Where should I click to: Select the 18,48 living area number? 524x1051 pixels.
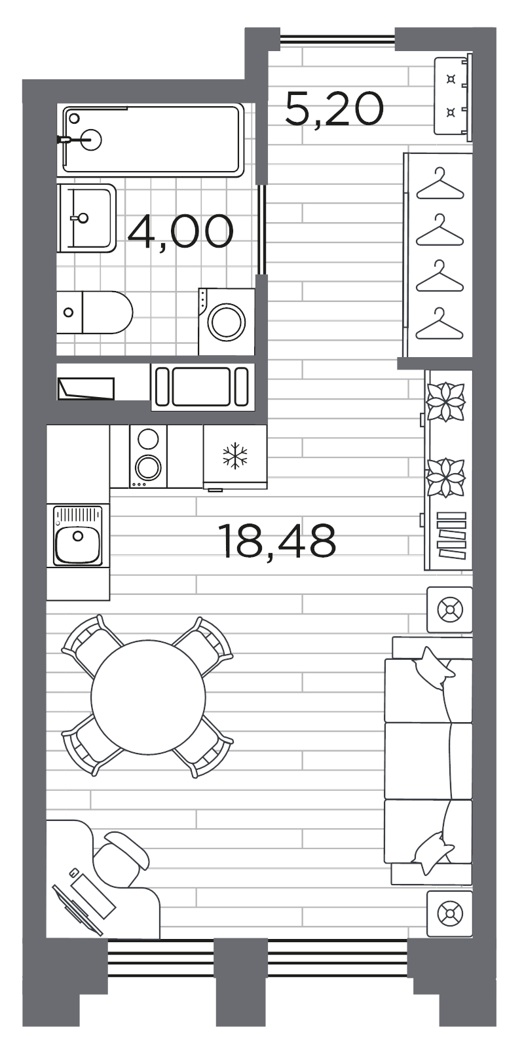pos(277,541)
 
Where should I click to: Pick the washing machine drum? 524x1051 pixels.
pos(227,322)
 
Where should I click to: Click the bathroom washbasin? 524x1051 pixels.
pos(86,218)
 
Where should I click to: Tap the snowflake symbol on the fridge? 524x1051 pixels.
pos(235,455)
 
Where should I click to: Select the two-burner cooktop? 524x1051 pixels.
pos(148,457)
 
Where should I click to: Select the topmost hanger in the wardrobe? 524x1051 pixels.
pos(440,184)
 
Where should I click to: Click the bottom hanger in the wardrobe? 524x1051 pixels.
pos(440,324)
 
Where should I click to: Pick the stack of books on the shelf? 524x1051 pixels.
pos(451,535)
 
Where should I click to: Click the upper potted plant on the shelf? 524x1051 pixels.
pos(445,402)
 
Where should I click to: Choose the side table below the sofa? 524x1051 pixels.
pos(449,913)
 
